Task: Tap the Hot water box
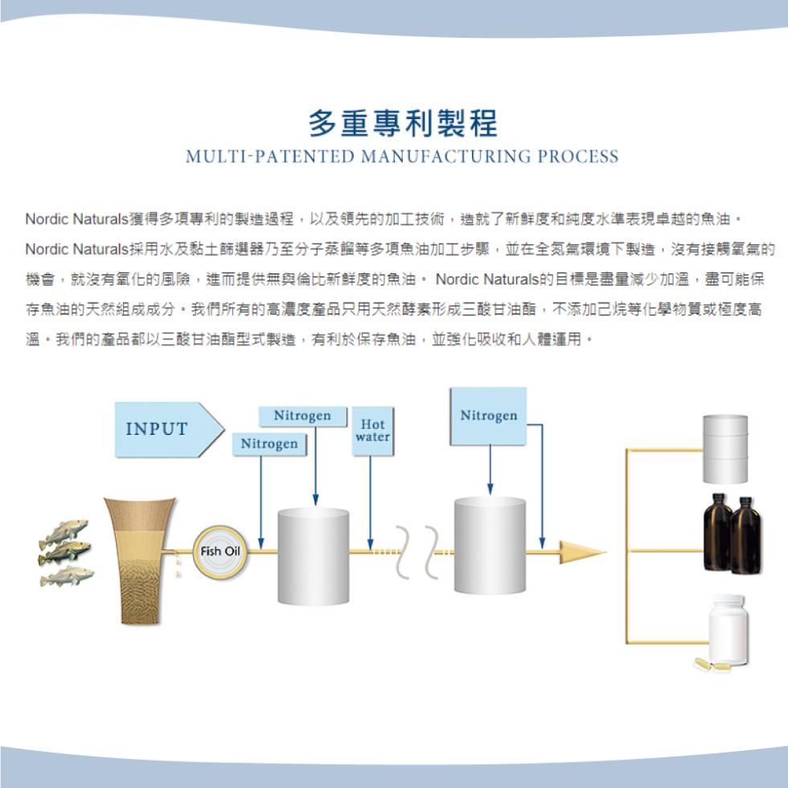(x=372, y=431)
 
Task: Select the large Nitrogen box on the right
(x=488, y=417)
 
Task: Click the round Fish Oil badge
(x=220, y=552)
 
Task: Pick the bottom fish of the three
(x=66, y=576)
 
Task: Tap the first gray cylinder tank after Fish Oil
(x=313, y=556)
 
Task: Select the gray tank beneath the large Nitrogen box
(x=490, y=545)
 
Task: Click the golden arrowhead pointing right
(x=581, y=552)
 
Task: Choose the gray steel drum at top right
(x=725, y=449)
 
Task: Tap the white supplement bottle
(x=728, y=629)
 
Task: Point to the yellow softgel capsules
(x=708, y=664)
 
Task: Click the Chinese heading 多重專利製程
(x=403, y=123)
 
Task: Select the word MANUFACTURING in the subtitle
(x=445, y=156)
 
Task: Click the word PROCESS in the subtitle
(x=578, y=156)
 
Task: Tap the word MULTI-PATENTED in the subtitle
(x=270, y=156)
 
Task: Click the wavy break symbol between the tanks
(x=417, y=552)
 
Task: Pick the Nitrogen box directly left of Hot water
(x=302, y=417)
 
